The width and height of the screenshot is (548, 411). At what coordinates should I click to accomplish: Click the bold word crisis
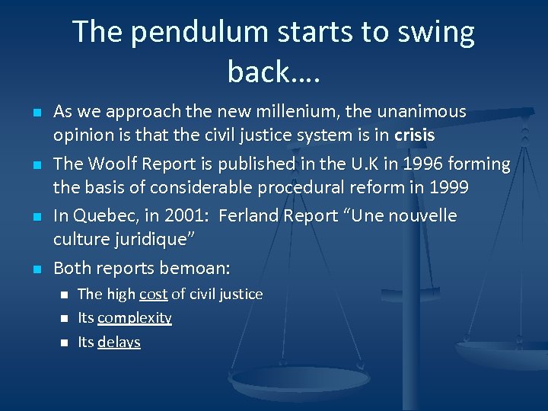(x=415, y=135)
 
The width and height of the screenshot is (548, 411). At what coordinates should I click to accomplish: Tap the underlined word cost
(x=153, y=294)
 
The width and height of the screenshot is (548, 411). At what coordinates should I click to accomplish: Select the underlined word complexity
(x=135, y=318)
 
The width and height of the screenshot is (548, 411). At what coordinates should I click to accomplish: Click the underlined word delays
(x=119, y=342)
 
